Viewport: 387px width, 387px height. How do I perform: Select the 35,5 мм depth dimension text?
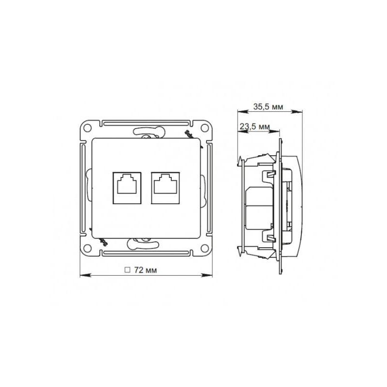click(268, 106)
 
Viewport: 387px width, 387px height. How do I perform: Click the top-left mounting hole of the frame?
click(88, 128)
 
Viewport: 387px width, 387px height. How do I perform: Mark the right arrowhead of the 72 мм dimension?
click(209, 276)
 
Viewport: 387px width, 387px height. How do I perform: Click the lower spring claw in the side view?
click(240, 249)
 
